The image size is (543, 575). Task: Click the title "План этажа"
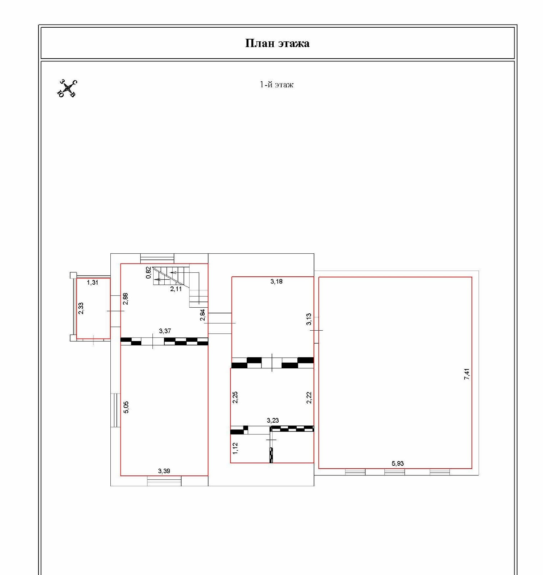pos(277,43)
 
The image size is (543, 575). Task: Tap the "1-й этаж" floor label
pos(277,84)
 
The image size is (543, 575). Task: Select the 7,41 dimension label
pos(467,374)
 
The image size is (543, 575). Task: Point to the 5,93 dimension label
pos(398,463)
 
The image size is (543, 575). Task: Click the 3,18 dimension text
pos(277,281)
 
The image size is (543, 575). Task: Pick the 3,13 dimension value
pos(309,319)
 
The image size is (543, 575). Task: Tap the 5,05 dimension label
pos(126,407)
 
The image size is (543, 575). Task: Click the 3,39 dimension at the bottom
pos(164,471)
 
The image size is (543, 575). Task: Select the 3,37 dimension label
pos(165,331)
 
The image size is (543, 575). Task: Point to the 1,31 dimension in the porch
pos(92,282)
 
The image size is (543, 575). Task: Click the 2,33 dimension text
pos(81,308)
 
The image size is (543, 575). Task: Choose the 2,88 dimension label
pos(125,299)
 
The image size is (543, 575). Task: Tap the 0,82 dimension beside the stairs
pos(149,272)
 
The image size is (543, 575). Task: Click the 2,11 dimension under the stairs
pos(176,289)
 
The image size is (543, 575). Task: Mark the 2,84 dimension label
pos(202,315)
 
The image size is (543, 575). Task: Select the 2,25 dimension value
pos(235,397)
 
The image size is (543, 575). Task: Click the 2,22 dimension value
pos(309,397)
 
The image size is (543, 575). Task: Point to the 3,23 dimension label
pos(273,420)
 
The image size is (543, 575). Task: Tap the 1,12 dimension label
pos(235,448)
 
